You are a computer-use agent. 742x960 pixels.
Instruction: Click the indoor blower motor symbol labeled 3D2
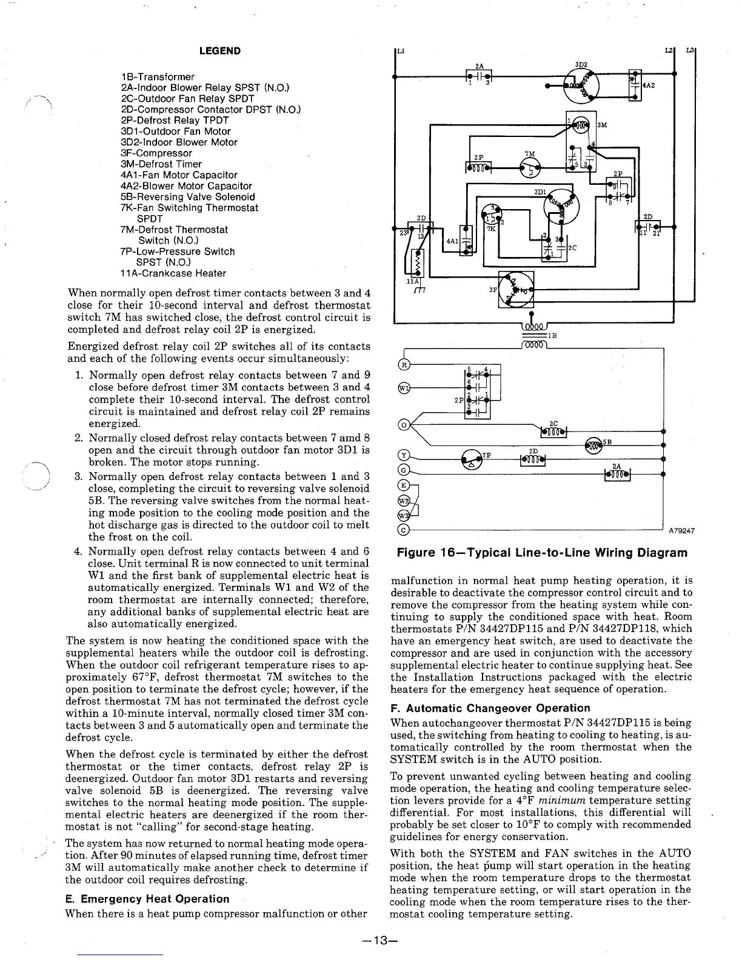point(580,85)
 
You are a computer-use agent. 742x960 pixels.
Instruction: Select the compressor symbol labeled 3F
point(516,288)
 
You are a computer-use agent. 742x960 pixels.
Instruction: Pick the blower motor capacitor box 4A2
point(635,85)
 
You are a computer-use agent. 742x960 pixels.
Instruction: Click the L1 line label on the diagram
point(400,50)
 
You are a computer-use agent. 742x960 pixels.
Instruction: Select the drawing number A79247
point(681,532)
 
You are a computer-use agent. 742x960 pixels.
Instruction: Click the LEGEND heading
point(219,51)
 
